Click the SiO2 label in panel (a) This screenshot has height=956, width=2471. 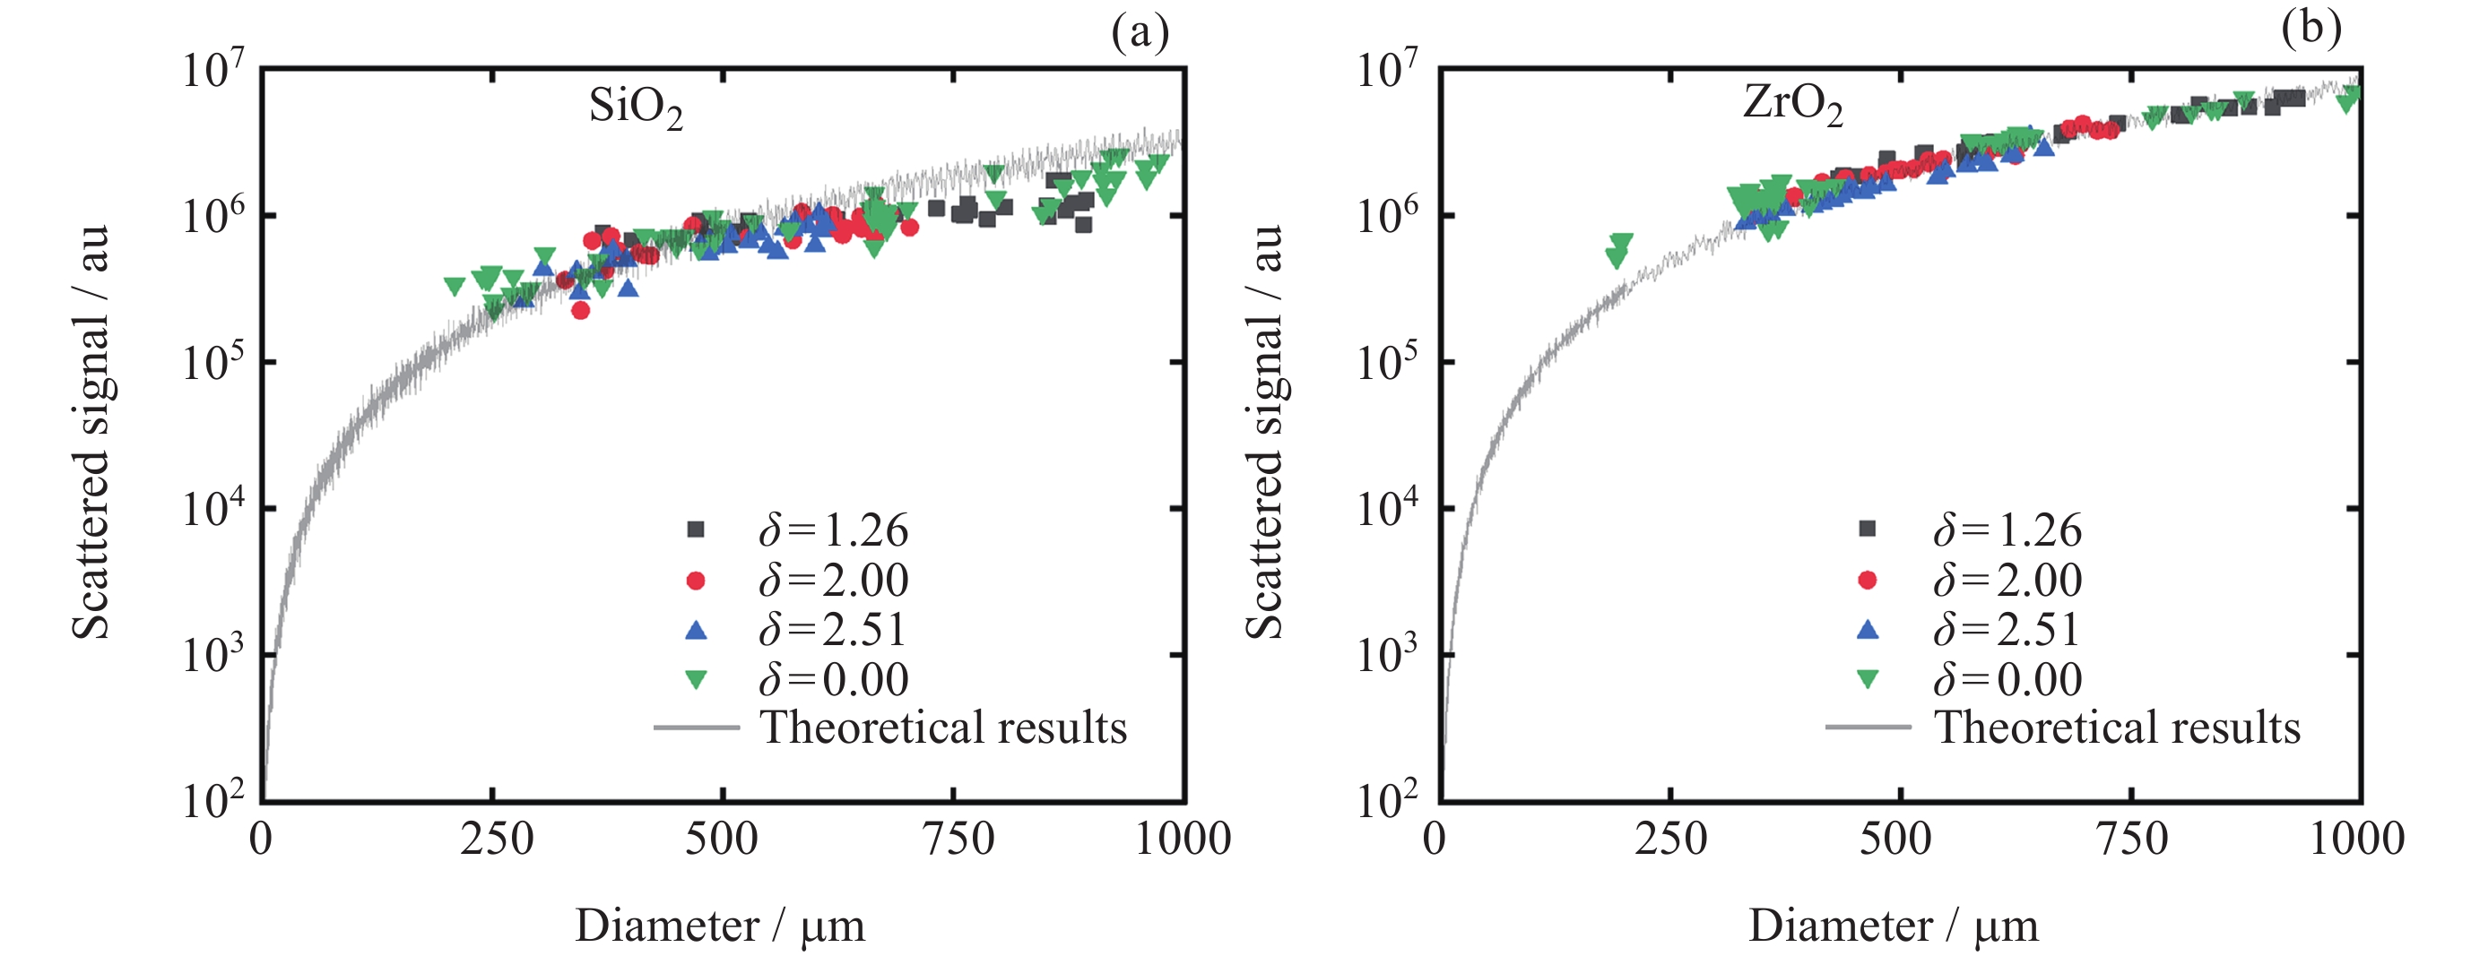click(x=635, y=108)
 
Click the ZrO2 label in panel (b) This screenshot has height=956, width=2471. click(x=1792, y=105)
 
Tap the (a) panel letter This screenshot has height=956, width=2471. click(x=1140, y=31)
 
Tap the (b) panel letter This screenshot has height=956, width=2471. click(x=2311, y=28)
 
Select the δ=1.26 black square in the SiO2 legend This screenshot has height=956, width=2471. click(x=696, y=530)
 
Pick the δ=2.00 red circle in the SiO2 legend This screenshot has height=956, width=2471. click(x=696, y=580)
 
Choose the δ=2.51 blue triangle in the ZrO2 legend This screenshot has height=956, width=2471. click(x=1867, y=630)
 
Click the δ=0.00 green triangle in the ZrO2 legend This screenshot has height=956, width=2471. click(x=1867, y=680)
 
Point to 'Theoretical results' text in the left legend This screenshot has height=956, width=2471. click(x=943, y=728)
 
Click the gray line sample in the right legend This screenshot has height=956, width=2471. click(x=1867, y=728)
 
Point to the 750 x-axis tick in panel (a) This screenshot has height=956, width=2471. click(x=957, y=839)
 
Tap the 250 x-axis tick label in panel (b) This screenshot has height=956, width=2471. click(x=1670, y=839)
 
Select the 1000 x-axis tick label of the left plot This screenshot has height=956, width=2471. click(x=1183, y=839)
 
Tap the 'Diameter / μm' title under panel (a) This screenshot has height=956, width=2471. click(x=719, y=926)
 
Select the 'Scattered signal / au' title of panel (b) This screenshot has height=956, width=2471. click(x=1265, y=432)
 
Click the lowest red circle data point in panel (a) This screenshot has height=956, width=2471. click(x=580, y=310)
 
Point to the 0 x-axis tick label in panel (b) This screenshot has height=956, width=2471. click(x=1434, y=839)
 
